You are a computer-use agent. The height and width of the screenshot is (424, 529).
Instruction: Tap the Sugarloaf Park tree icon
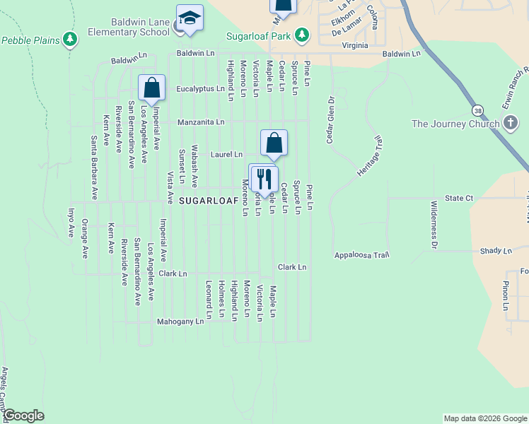302,35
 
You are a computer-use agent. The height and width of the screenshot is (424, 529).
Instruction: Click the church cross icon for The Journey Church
511,124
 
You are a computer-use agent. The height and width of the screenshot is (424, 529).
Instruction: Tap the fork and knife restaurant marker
264,179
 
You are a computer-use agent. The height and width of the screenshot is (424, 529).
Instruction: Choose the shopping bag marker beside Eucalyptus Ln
151,88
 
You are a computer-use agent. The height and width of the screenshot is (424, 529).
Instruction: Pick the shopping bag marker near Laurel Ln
274,143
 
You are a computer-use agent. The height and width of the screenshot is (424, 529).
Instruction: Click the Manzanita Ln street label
201,122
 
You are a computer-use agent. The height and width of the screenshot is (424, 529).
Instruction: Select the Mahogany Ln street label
180,321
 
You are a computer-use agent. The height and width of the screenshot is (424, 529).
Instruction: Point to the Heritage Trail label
368,157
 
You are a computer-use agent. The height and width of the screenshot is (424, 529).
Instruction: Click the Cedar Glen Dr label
330,119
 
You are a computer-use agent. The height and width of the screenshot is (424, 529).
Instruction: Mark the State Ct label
458,198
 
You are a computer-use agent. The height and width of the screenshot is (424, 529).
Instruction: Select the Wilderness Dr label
434,225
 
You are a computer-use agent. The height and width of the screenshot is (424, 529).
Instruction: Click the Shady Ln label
496,251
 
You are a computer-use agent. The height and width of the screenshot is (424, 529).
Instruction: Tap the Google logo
23,416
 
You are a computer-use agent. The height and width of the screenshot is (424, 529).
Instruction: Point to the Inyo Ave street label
70,222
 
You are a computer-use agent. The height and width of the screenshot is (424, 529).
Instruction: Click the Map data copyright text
484,418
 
